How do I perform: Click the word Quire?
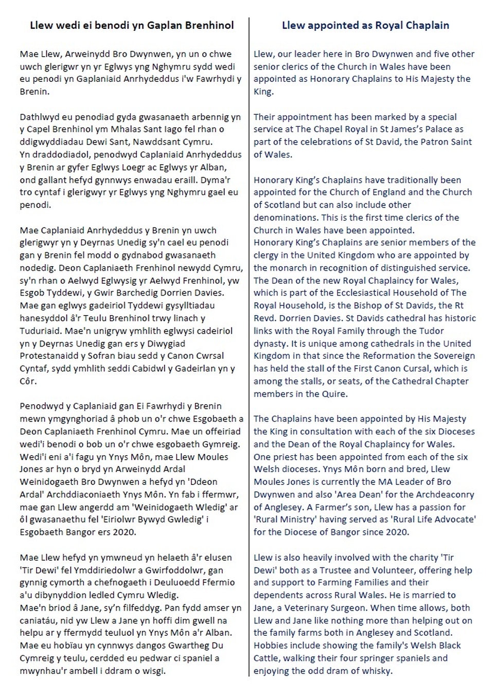point(335,394)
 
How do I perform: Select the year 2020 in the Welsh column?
point(122,532)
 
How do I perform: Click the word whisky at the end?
point(377,670)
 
